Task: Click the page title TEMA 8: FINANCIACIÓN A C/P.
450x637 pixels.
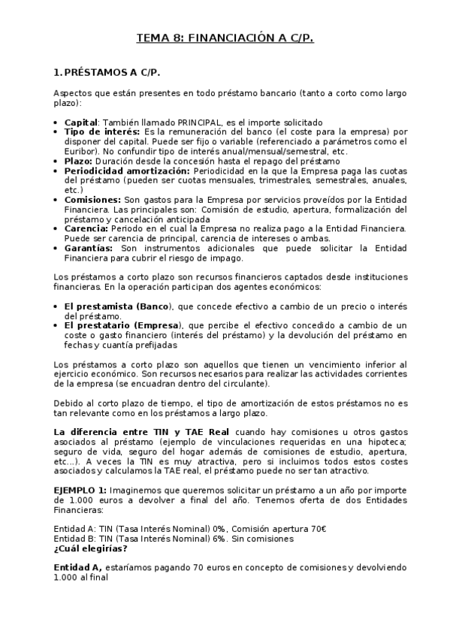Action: coord(225,38)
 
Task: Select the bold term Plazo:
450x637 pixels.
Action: coord(79,161)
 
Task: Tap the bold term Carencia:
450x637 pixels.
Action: coord(86,228)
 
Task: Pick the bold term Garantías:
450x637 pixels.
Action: coord(89,247)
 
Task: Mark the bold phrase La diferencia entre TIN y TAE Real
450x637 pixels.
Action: coord(143,432)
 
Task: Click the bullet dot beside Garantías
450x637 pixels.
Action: coord(58,248)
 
